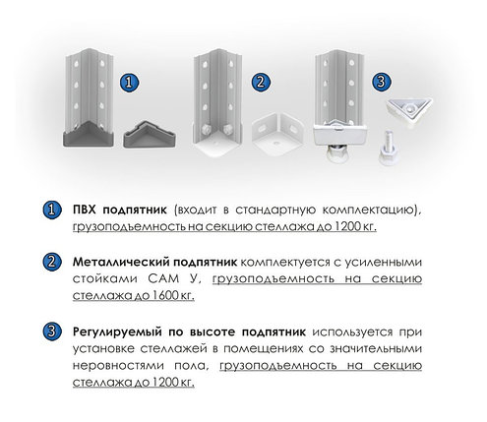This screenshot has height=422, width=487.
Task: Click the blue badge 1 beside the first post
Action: [129, 83]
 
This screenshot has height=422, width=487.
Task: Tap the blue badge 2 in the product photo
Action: [261, 82]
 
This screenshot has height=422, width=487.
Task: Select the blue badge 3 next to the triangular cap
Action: [382, 82]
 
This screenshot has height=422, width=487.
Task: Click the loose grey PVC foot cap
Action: [150, 134]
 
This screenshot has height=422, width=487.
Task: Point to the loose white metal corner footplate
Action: [277, 135]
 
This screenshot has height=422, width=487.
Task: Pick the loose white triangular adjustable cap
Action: [409, 111]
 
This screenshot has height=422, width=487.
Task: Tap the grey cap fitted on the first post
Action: [89, 134]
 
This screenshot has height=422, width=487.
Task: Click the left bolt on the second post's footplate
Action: [206, 130]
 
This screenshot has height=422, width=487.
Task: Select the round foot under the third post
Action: [337, 152]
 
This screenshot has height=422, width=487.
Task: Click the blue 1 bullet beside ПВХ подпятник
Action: [52, 210]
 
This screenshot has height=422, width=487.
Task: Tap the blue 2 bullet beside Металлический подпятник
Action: [52, 262]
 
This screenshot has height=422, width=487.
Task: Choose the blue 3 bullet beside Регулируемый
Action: [52, 332]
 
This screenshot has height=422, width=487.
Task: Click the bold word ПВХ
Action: [85, 210]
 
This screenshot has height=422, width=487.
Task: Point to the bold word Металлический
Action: [120, 263]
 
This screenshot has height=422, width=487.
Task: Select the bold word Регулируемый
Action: [117, 332]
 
